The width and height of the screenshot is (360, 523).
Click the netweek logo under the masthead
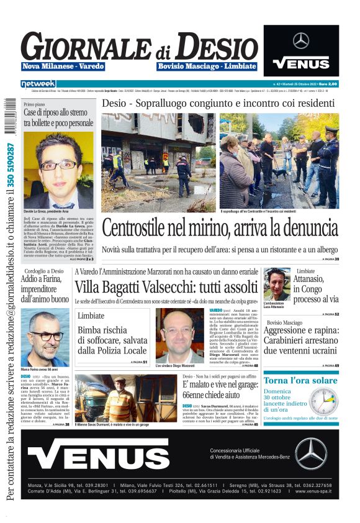click(38, 83)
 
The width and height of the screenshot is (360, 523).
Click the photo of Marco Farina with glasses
click(45, 337)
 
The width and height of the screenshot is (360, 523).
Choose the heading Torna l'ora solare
click(300, 380)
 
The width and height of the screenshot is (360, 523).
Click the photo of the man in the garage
click(125, 398)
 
